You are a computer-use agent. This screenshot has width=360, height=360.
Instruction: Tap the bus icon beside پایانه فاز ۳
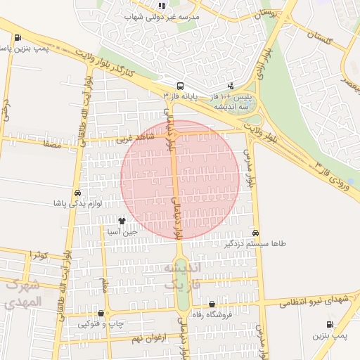pos(181,84)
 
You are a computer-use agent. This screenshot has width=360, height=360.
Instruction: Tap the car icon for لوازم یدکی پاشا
pos(77,193)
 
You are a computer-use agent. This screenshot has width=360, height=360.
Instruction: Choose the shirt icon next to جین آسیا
pos(122,219)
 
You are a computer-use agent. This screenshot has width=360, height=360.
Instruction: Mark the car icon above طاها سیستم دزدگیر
pos(255,233)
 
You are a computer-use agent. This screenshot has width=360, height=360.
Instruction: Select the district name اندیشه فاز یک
pos(182,276)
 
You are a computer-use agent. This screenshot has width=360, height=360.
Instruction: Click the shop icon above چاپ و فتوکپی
pos(102,314)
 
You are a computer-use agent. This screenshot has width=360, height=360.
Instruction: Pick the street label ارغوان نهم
pos(147,338)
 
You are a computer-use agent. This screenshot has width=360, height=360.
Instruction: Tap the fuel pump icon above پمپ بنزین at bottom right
pos(330,324)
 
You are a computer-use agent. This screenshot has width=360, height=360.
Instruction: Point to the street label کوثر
pos(38,255)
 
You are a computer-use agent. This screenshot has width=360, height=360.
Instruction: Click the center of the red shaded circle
pos(180,179)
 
